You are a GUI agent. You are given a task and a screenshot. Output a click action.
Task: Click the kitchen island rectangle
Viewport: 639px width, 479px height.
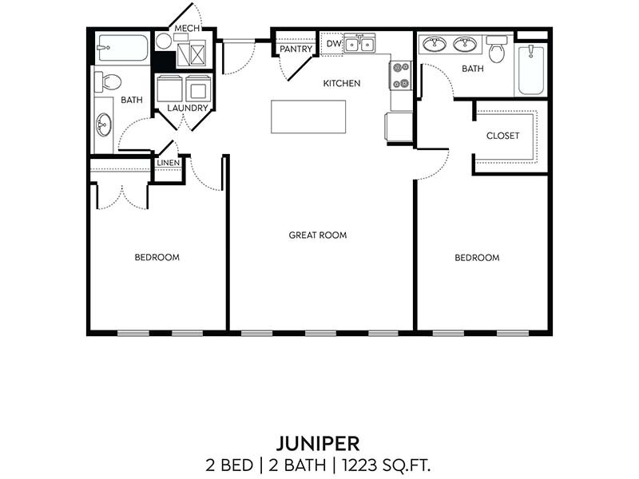[308, 117]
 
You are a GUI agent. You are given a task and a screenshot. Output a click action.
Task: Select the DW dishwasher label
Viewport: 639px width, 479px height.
[333, 43]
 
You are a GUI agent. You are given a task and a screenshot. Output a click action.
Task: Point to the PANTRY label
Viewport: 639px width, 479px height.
[296, 49]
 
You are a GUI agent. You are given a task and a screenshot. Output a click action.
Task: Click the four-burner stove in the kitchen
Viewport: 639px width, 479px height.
[400, 75]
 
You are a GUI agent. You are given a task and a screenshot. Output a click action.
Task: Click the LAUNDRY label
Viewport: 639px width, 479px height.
[188, 108]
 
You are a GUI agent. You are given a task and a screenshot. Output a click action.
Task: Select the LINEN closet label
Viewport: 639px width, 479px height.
[168, 163]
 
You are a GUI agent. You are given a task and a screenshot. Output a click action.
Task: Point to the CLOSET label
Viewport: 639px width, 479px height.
[502, 136]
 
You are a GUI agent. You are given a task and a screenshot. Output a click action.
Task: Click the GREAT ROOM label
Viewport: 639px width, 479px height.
[318, 236]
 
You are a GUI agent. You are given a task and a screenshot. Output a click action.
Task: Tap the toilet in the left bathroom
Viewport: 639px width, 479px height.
[108, 81]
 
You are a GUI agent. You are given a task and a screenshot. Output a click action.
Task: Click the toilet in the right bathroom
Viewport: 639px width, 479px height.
[497, 50]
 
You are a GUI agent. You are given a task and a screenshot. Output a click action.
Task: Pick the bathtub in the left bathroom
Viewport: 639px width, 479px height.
[122, 48]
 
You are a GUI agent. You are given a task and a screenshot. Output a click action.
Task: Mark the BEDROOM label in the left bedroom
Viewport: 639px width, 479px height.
[157, 258]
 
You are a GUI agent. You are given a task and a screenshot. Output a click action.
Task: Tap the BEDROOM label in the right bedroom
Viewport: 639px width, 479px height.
[477, 258]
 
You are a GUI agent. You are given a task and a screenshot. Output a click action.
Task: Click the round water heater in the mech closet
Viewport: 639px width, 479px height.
[164, 42]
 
